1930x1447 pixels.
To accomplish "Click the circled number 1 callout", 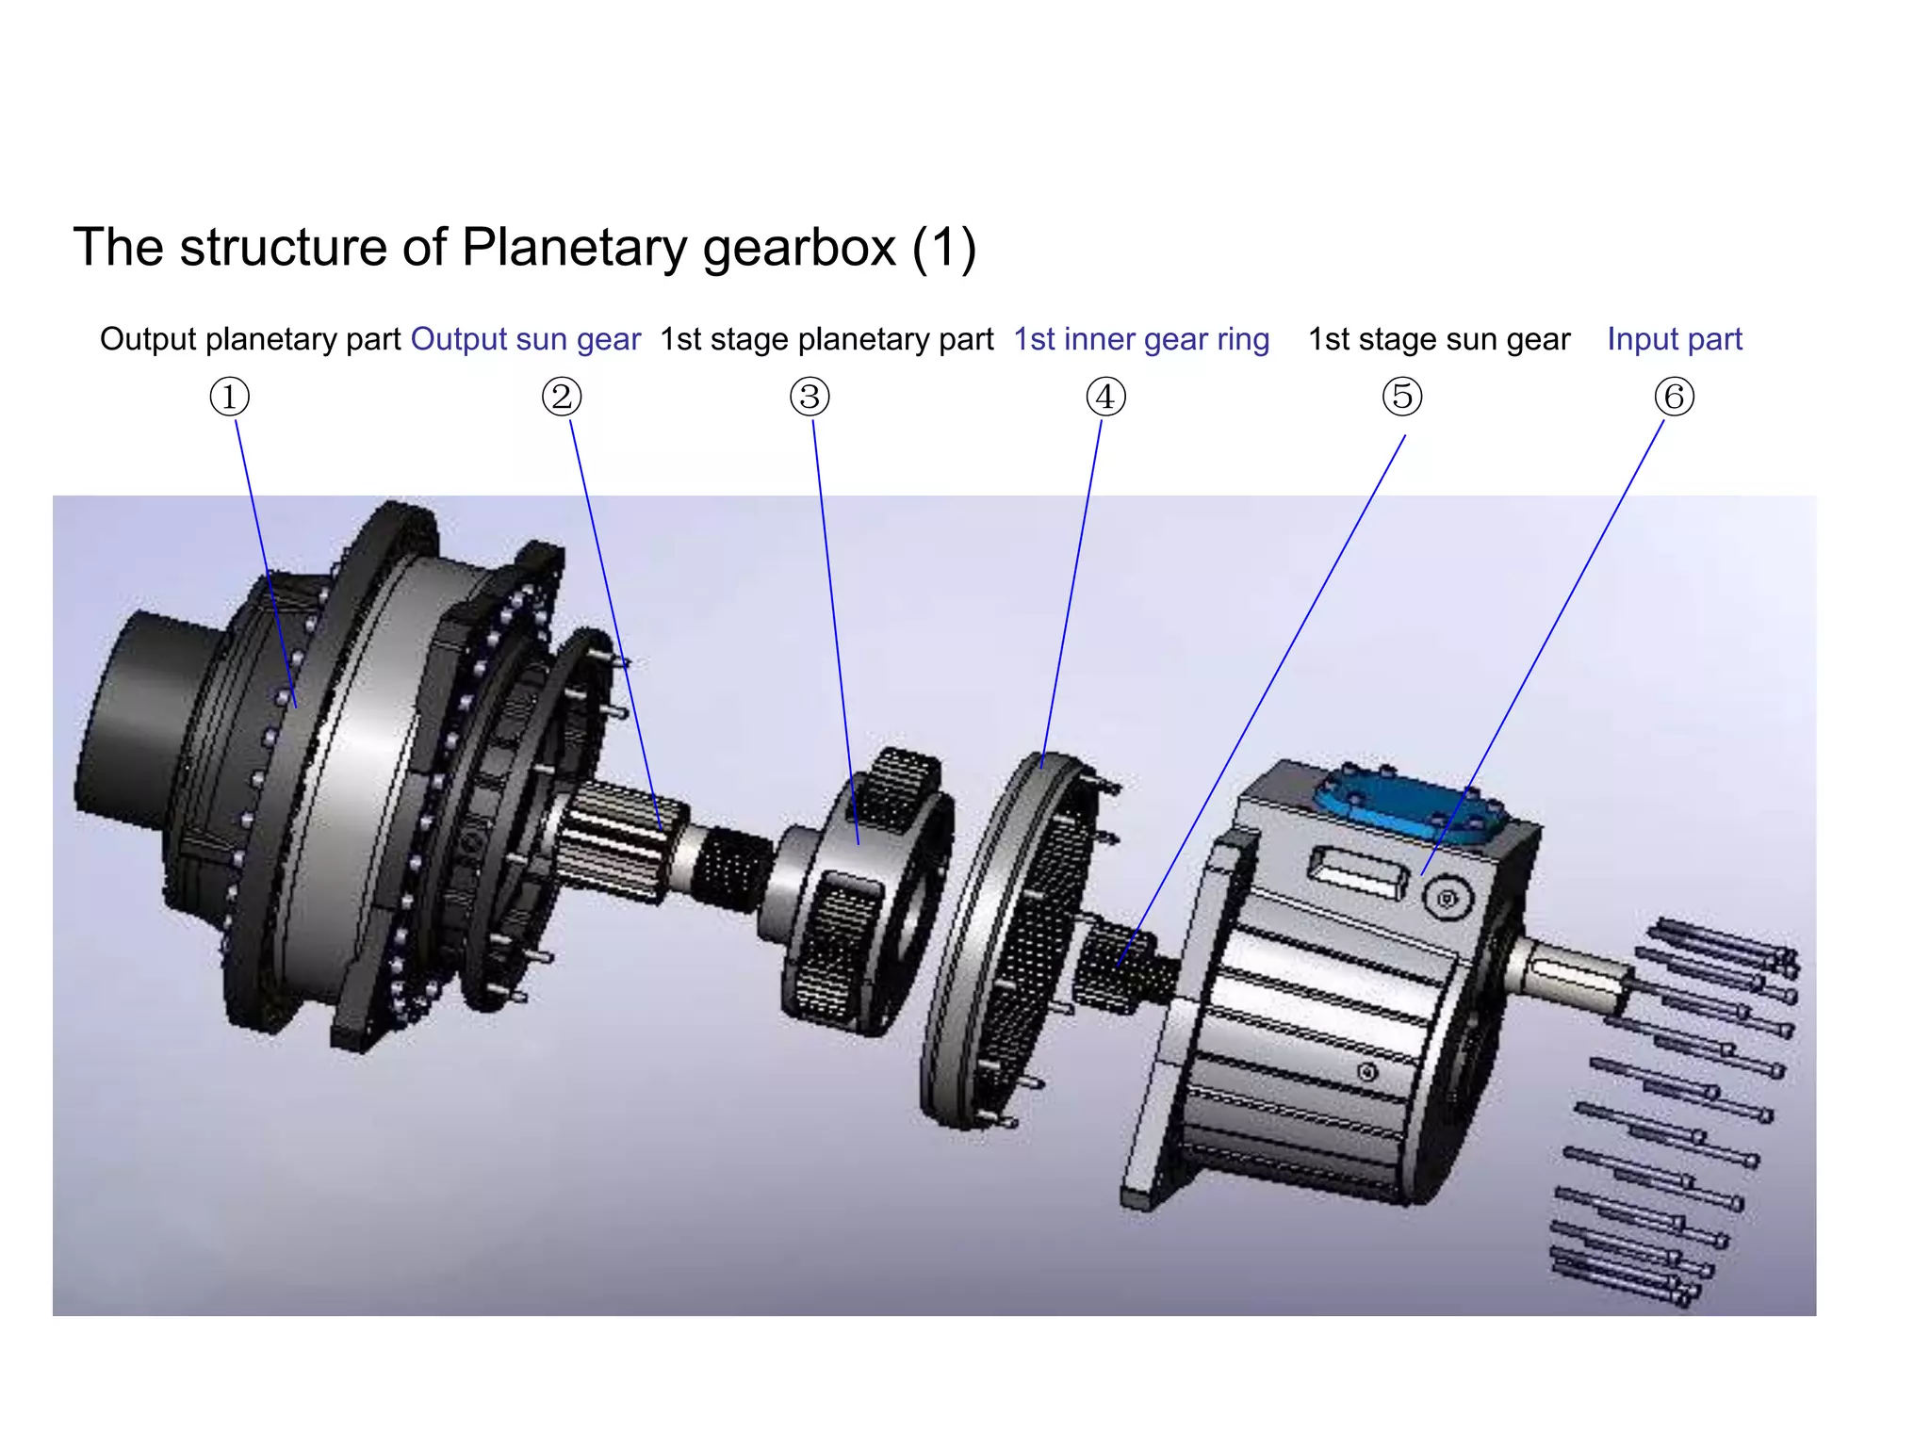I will coord(229,397).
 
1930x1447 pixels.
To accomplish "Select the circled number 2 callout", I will coord(562,397).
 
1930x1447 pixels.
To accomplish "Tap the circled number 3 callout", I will coord(810,397).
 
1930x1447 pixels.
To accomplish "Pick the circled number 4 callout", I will coord(1105,397).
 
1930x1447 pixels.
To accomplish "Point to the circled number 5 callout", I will coord(1402,397).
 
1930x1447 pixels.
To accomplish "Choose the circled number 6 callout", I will coord(1675,397).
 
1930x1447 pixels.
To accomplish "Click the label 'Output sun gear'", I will coord(526,339).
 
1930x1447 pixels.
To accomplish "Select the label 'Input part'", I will coord(1675,339).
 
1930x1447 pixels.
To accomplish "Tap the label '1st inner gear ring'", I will coord(1141,339).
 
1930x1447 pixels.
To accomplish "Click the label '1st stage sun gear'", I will coord(1439,339).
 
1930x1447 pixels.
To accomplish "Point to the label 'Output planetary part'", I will coord(251,339).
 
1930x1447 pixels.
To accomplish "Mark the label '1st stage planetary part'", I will coord(826,339).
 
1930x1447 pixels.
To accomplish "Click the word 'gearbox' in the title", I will coord(799,249).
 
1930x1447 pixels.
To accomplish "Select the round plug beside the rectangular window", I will coord(1447,899).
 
